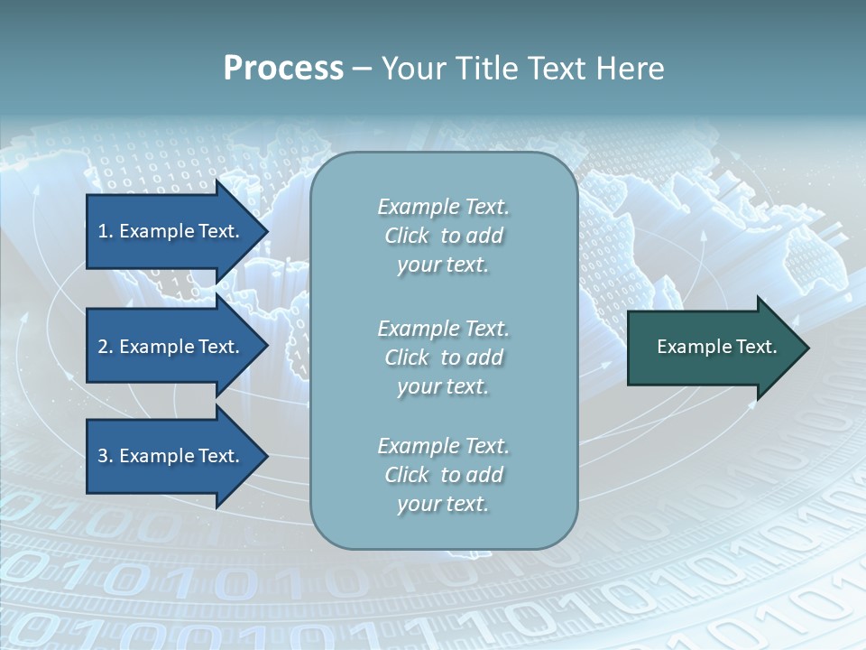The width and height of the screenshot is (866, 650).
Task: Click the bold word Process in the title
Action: (x=283, y=69)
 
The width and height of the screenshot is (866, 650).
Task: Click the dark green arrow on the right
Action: (x=713, y=348)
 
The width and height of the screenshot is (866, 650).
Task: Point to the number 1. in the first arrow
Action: (x=106, y=231)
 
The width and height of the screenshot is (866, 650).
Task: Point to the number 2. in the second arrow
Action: (x=106, y=347)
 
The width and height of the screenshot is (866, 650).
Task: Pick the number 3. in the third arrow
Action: (x=106, y=456)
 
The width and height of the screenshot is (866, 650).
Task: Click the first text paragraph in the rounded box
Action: (x=443, y=236)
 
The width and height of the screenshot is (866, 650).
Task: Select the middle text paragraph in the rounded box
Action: (x=443, y=357)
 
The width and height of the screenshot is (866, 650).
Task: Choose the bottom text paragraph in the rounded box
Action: (x=443, y=475)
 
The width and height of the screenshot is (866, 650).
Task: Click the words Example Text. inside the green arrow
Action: (x=716, y=347)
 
